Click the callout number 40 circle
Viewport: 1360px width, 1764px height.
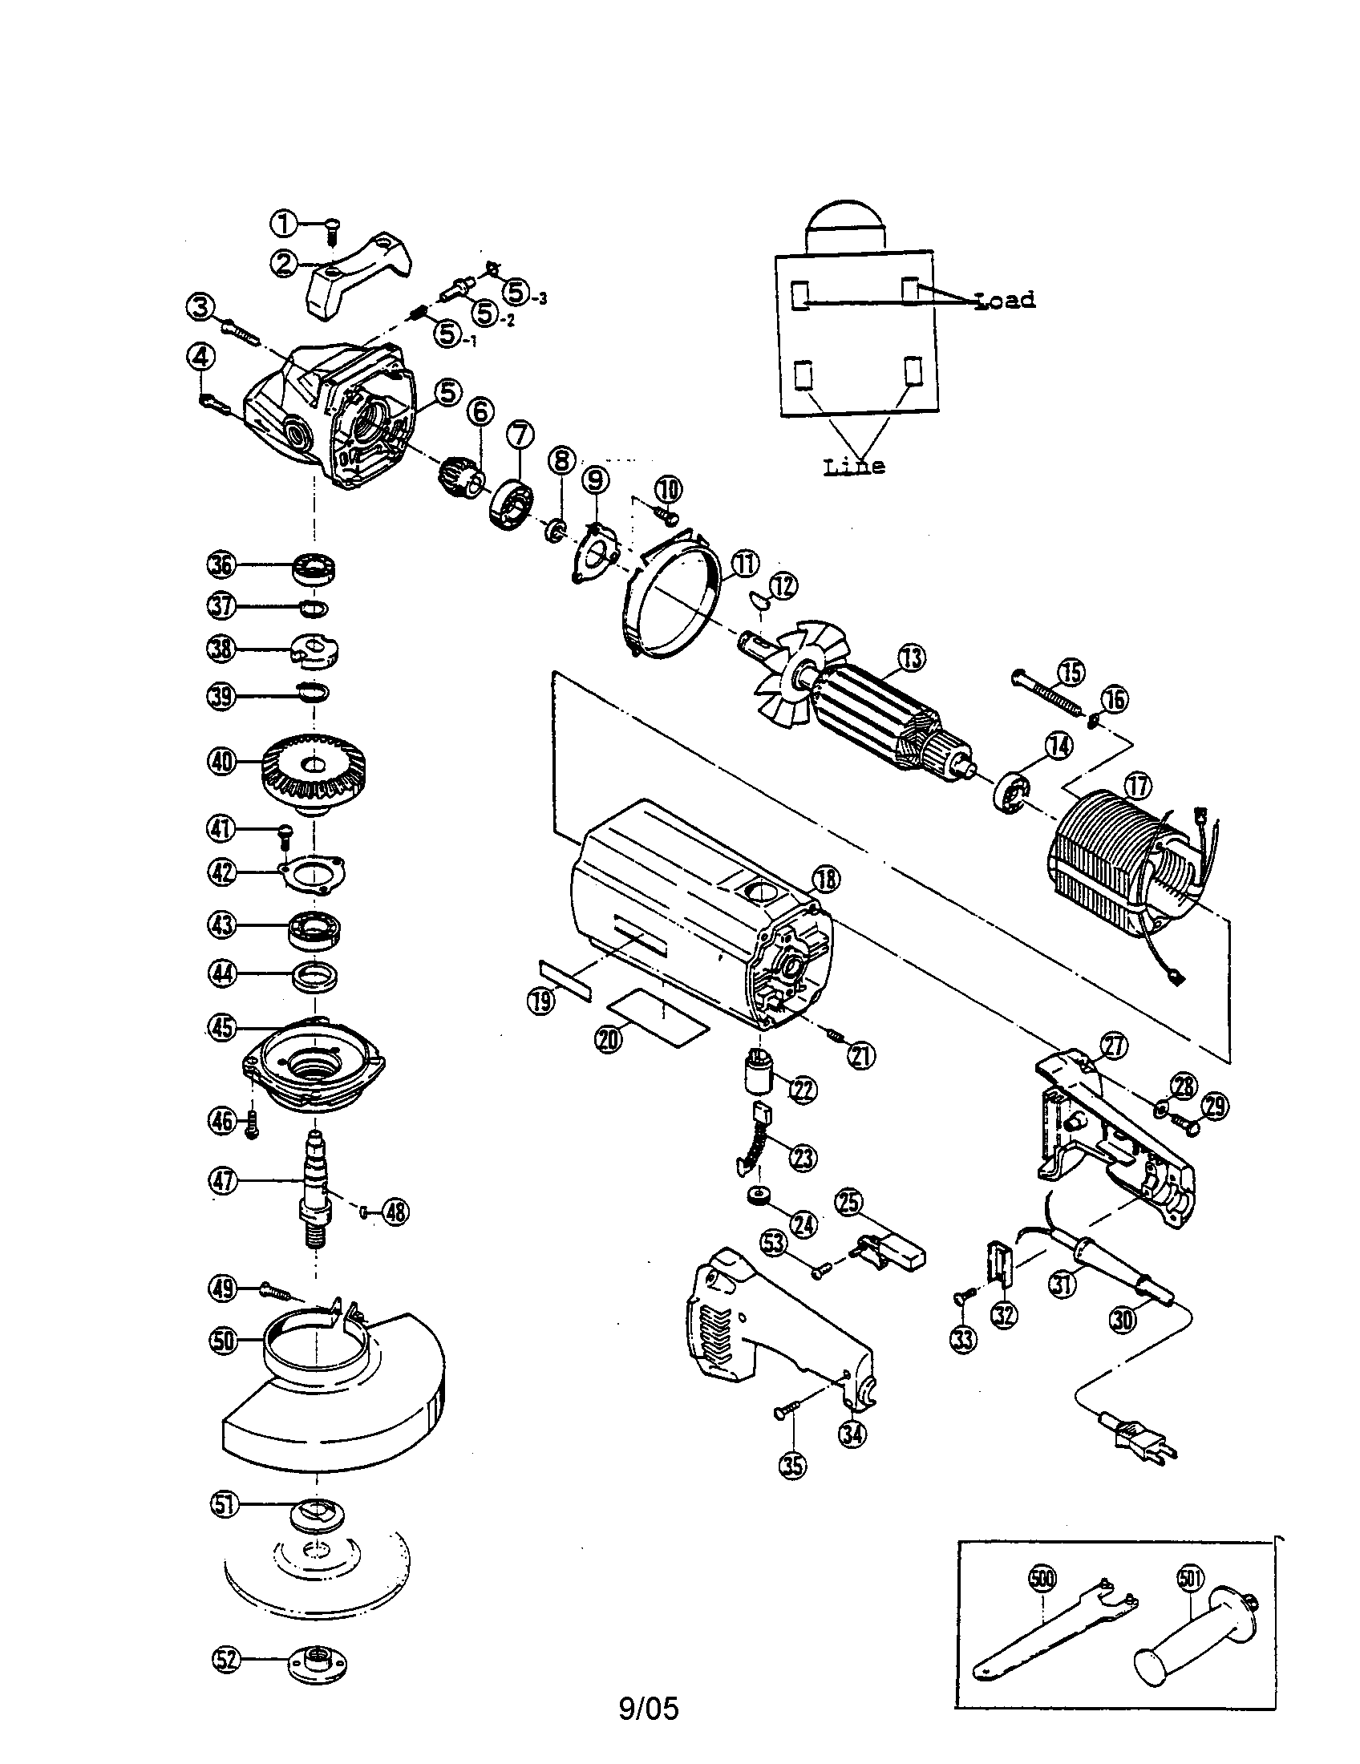pyautogui.click(x=222, y=761)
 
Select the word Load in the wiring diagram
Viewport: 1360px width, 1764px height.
pyautogui.click(x=1006, y=301)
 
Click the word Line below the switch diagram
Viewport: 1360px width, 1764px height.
pyautogui.click(x=854, y=466)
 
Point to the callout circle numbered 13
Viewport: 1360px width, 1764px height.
pyautogui.click(x=912, y=658)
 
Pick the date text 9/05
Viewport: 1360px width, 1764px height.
pyautogui.click(x=649, y=1706)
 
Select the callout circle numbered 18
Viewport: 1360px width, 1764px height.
pyautogui.click(x=825, y=880)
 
